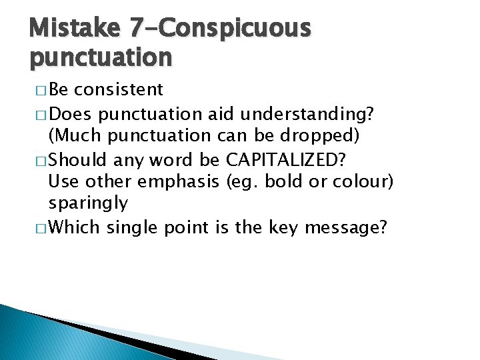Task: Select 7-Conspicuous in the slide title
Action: tap(220, 29)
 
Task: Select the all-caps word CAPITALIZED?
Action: tap(287, 159)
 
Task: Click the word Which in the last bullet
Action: tap(74, 227)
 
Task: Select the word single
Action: tap(131, 227)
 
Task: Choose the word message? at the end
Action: tap(347, 227)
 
